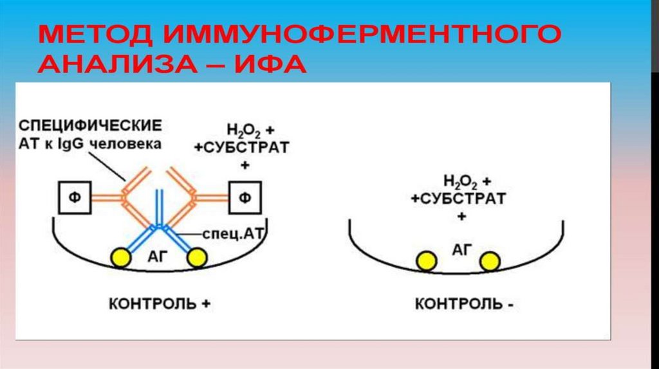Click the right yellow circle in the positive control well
click(x=196, y=258)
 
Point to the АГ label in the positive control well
click(x=157, y=256)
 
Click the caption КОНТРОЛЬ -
click(x=464, y=303)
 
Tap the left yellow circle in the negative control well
click(x=425, y=260)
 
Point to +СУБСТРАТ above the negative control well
click(x=458, y=199)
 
